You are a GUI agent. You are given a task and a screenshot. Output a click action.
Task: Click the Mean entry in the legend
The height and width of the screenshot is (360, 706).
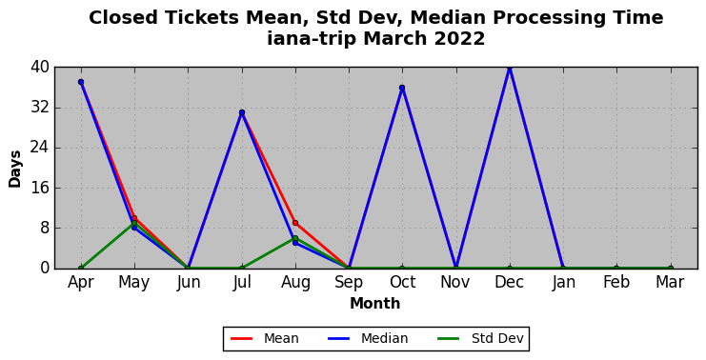(265, 338)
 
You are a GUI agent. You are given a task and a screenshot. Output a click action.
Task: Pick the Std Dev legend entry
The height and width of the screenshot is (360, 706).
(481, 338)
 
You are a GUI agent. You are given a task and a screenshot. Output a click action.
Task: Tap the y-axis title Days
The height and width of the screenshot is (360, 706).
(15, 170)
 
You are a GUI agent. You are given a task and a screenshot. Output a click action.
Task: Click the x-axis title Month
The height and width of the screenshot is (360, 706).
(375, 303)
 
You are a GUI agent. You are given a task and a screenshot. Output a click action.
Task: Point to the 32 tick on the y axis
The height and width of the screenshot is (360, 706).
(39, 108)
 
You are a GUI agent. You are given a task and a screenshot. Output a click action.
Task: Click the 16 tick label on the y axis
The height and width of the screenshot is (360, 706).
(39, 189)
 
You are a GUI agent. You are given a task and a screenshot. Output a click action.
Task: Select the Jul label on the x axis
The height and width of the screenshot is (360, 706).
(242, 282)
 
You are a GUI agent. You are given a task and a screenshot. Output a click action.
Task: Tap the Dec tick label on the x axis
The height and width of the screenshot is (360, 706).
(509, 282)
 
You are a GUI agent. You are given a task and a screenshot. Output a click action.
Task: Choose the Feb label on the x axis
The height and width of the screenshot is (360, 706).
(616, 282)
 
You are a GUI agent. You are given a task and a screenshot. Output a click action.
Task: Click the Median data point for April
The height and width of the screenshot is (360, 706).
(81, 82)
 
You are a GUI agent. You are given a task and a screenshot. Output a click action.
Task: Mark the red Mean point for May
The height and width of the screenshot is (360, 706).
(134, 218)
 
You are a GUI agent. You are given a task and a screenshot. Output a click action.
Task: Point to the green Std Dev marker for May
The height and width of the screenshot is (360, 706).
(134, 223)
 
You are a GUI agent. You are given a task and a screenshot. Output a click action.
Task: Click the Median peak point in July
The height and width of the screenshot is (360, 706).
(242, 112)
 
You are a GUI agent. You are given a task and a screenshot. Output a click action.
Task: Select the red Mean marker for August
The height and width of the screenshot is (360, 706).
(295, 223)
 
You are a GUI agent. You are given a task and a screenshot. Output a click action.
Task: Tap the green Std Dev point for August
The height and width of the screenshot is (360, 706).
(295, 238)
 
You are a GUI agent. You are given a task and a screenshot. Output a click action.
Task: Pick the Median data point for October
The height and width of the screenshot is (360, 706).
(402, 88)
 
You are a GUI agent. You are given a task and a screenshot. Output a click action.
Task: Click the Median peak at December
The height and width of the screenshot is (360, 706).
(510, 68)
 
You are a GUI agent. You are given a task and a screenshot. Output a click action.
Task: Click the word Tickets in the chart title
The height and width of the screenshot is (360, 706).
(202, 18)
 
